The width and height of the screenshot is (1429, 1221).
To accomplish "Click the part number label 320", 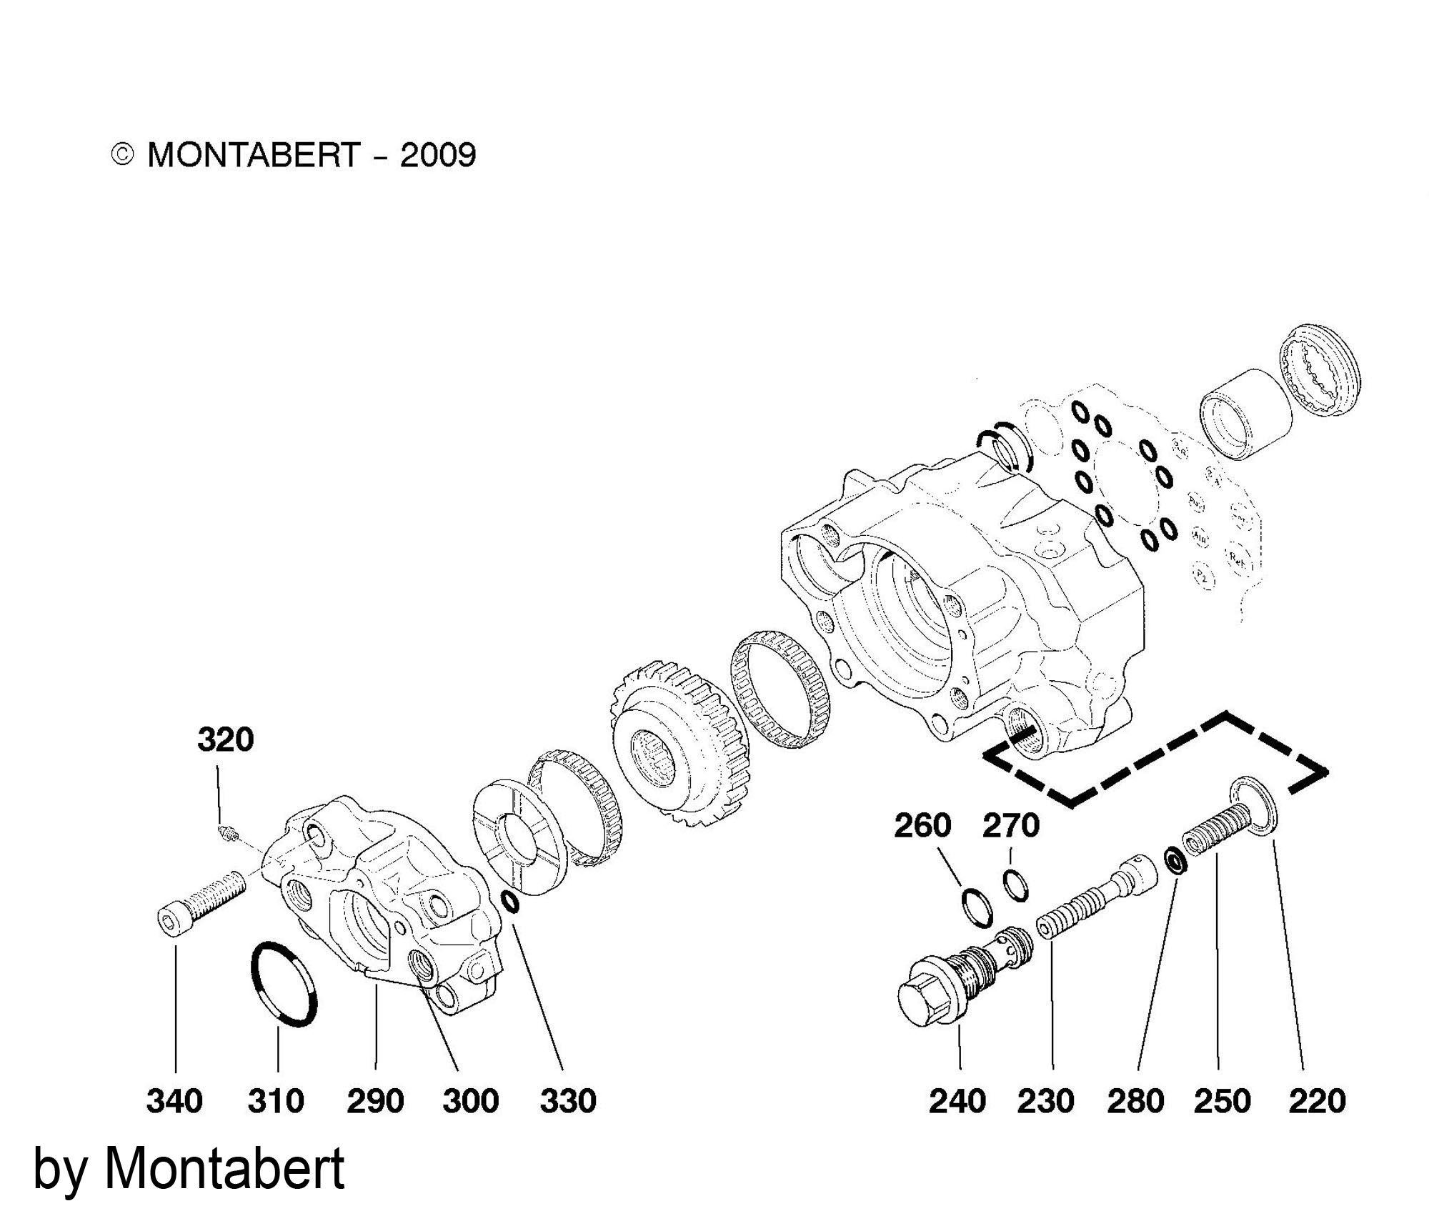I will click(x=226, y=739).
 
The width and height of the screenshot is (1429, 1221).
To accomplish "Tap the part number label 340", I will click(x=174, y=1100).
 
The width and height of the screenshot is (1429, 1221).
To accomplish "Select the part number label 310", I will click(x=276, y=1100).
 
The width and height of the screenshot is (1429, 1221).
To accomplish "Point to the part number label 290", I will click(x=375, y=1100).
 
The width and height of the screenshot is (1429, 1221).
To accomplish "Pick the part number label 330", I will click(x=568, y=1100).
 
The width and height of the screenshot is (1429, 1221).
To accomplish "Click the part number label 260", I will click(x=922, y=826).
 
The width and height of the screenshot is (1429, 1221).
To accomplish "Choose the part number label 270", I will click(x=1010, y=826).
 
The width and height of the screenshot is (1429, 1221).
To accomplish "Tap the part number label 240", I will click(x=957, y=1100).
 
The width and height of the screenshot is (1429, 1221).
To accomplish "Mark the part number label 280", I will click(x=1136, y=1100).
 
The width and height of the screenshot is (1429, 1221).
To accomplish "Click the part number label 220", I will click(x=1317, y=1100).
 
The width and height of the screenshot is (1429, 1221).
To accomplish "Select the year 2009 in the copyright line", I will click(x=437, y=155).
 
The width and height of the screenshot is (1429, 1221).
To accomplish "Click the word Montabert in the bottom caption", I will click(x=224, y=1170).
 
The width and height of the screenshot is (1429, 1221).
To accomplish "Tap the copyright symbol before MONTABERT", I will click(x=123, y=155).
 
